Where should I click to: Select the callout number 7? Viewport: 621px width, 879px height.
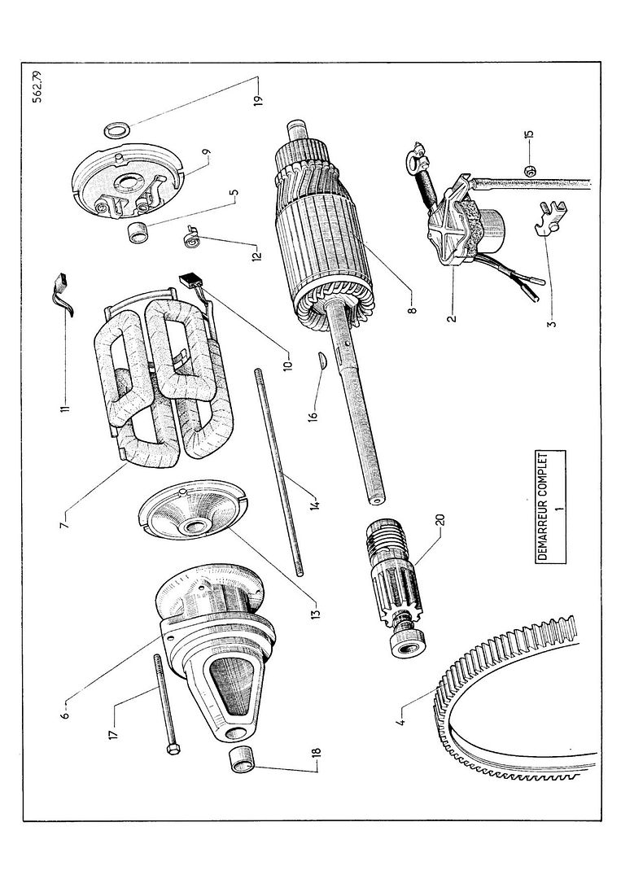[65, 518]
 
